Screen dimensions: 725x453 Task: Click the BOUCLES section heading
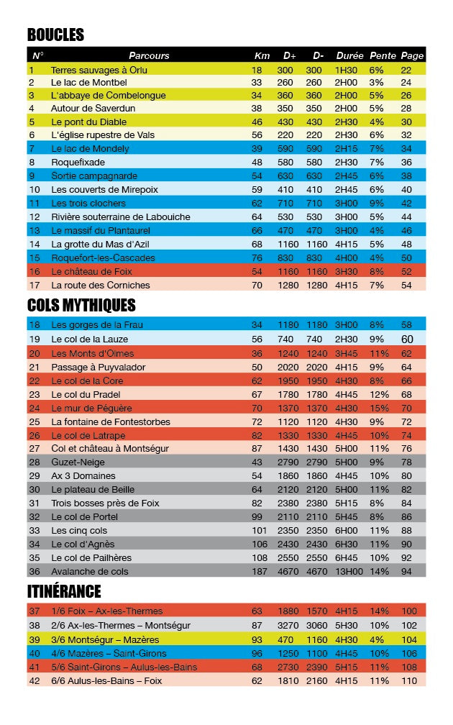coord(55,35)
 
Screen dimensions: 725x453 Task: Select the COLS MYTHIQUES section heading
coord(81,305)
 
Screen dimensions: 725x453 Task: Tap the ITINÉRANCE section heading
coord(64,591)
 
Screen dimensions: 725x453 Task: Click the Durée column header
coord(349,55)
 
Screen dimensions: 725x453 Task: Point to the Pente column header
coord(383,55)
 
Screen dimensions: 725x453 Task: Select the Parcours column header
coord(149,55)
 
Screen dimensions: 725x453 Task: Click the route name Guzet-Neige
coord(75,462)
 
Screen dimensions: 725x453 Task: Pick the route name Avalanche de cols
coord(89,571)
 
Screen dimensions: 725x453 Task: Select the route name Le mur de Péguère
coord(91,408)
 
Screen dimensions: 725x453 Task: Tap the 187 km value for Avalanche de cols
coord(257,571)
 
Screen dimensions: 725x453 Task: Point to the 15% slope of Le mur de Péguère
coord(379,408)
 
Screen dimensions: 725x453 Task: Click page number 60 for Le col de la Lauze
coord(407,339)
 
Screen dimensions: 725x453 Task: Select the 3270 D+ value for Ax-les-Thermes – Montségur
coord(288,626)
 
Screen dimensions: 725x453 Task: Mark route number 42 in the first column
coord(35,680)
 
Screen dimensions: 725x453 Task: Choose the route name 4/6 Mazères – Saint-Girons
coord(109,653)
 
